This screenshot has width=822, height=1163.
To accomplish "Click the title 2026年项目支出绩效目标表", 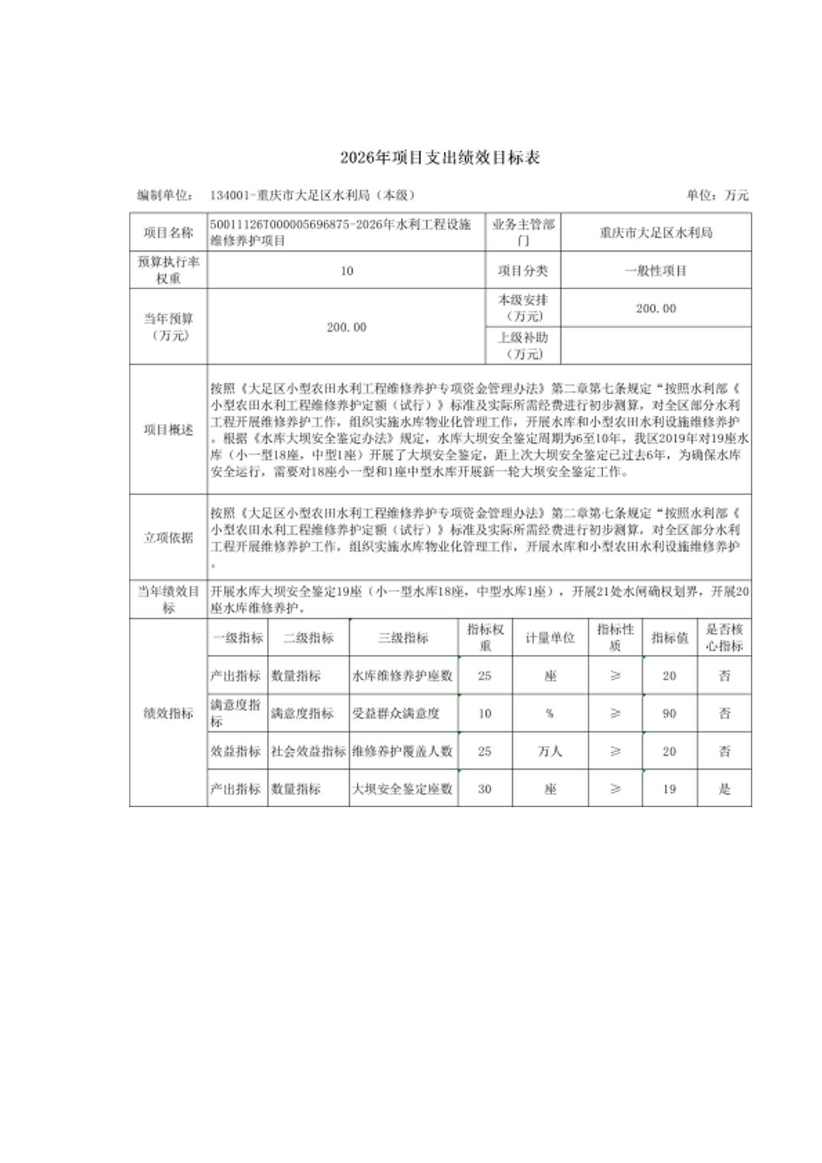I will coord(440,158).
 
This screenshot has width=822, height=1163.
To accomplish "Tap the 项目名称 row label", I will coord(168,233).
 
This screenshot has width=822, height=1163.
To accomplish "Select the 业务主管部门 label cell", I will coord(523,233).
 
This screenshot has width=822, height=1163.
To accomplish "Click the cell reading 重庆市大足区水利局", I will coord(656,233).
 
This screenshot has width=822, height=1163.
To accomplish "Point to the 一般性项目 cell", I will coord(656,271).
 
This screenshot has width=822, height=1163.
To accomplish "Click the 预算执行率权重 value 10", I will coord(347,271).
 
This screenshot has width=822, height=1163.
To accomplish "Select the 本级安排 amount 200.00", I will coord(656,308).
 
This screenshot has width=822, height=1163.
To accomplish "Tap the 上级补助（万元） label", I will coord(523,346).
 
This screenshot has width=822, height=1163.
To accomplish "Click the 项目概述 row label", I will coord(168,430).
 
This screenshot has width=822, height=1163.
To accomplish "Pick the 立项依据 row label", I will coord(168,538).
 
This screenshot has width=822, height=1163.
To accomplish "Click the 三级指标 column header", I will coord(403,638).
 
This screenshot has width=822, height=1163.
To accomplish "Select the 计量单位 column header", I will coord(550,638).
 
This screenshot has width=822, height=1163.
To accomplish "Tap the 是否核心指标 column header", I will coord(724,638).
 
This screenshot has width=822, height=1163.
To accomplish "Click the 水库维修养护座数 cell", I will coord(403,676).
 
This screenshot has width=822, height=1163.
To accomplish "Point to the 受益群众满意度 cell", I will coord(396,714).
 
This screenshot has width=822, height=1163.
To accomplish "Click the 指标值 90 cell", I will coord(669,714).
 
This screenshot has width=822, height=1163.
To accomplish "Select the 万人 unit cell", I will coord(550,751).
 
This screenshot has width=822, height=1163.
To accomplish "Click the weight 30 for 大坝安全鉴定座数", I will coord(484,789).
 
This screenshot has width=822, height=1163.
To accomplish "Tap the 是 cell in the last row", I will coord(724,789).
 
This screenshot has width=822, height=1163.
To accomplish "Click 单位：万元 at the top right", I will coord(717,195).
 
